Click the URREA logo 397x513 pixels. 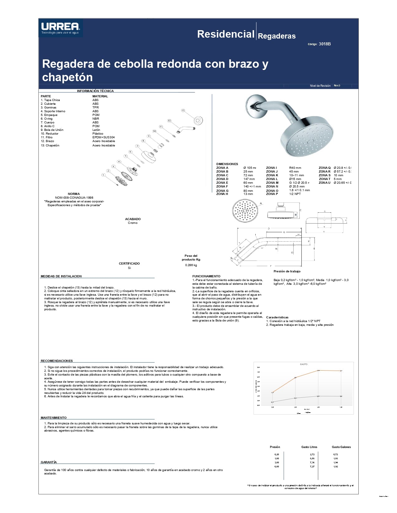pyautogui.click(x=60, y=28)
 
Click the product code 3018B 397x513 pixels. pyautogui.click(x=324, y=44)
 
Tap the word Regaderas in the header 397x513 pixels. pyautogui.click(x=276, y=36)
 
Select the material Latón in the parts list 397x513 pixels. pyautogui.click(x=96, y=130)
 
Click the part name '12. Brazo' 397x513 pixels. pyautogui.click(x=47, y=141)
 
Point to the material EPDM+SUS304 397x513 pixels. pyautogui.click(x=103, y=137)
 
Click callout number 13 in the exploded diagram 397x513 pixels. pyautogui.click(x=183, y=110)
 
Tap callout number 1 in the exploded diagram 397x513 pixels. pyautogui.click(x=103, y=175)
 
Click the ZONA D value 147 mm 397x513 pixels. pyautogui.click(x=249, y=179)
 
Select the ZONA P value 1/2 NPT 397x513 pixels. pyautogui.click(x=295, y=194)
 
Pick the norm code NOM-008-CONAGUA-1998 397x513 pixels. pyautogui.click(x=74, y=198)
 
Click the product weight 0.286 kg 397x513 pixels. pyautogui.click(x=191, y=265)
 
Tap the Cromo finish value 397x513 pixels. pyautogui.click(x=133, y=223)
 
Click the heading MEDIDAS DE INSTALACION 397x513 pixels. pyautogui.click(x=61, y=276)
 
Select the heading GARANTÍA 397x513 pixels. pyautogui.click(x=49, y=462)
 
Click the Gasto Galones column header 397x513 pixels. pyautogui.click(x=341, y=447)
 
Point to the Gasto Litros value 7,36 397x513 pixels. pyautogui.click(x=312, y=463)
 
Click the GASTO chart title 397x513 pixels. pyautogui.click(x=304, y=364)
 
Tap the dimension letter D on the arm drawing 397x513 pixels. pyautogui.click(x=269, y=229)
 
